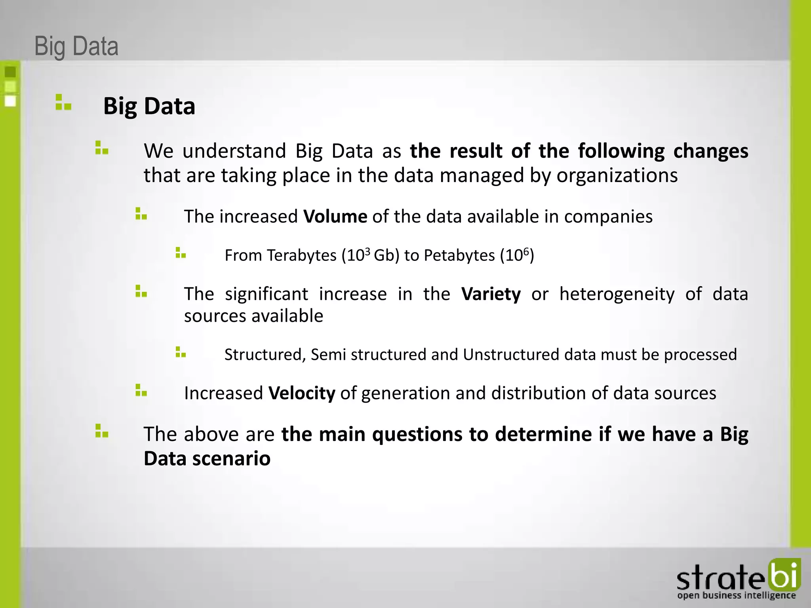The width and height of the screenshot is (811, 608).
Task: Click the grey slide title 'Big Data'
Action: tap(76, 46)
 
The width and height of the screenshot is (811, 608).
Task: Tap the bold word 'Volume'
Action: tap(335, 217)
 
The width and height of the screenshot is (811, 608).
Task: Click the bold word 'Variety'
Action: tap(491, 294)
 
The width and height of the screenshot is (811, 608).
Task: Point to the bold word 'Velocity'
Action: tap(302, 393)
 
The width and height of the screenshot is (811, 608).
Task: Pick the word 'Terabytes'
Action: tap(301, 255)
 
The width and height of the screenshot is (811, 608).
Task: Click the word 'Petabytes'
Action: tap(459, 255)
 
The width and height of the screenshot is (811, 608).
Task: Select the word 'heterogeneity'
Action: tap(617, 294)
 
